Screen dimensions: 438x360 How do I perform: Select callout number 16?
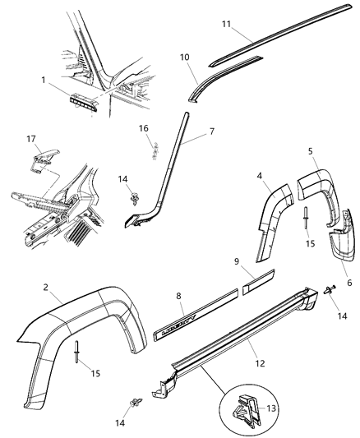(x=143, y=129)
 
